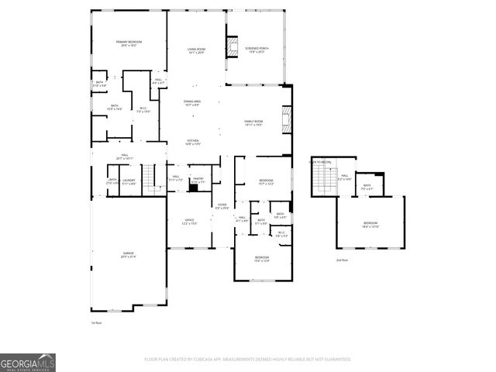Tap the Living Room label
click(196, 50)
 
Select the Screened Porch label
click(256, 50)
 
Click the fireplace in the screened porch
click(231, 46)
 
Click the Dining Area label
click(193, 103)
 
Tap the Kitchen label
click(193, 142)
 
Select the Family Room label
click(254, 122)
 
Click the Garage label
click(127, 255)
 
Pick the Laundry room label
click(129, 182)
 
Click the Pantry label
click(198, 180)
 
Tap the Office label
click(189, 221)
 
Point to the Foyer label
click(221, 205)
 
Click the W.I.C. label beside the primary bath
click(143, 109)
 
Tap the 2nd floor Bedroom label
click(370, 226)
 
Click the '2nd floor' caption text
click(341, 260)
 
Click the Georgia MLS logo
click(27, 363)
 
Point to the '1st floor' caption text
click(97, 322)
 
